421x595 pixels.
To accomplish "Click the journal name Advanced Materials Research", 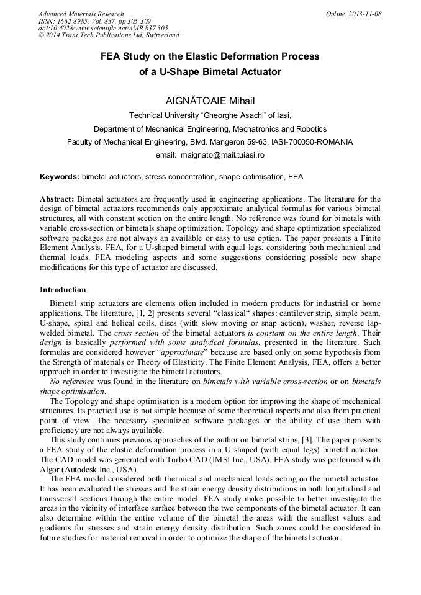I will coord(81,14).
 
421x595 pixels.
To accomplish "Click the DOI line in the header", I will coord(103,29).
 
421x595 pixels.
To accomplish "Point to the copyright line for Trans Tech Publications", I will coord(109,36).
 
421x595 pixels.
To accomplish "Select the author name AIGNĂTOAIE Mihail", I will coord(210,101).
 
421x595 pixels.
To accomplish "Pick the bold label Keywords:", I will coord(59,177).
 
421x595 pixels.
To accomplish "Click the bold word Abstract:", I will coord(57,199).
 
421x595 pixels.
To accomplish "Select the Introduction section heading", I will coord(63,289).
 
